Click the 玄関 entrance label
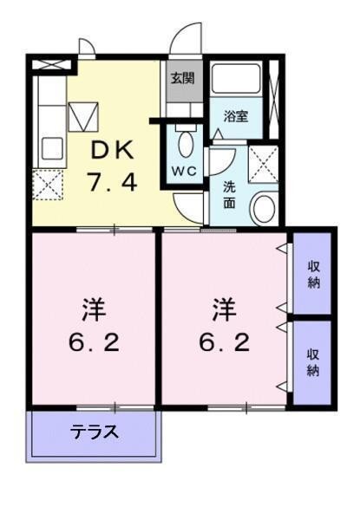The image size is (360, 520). click(181, 77)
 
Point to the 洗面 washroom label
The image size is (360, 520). click(228, 192)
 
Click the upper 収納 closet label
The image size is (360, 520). click(313, 275)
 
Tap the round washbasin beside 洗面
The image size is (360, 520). click(262, 207)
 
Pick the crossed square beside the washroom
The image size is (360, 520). click(261, 161)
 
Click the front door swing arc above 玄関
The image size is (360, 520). click(183, 39)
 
